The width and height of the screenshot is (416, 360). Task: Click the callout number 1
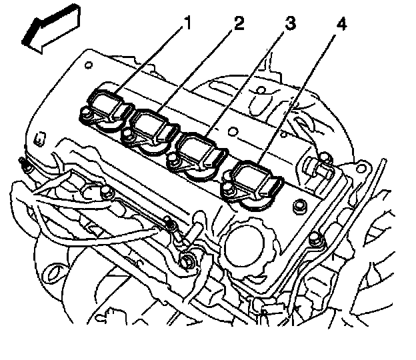(x=187, y=25)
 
